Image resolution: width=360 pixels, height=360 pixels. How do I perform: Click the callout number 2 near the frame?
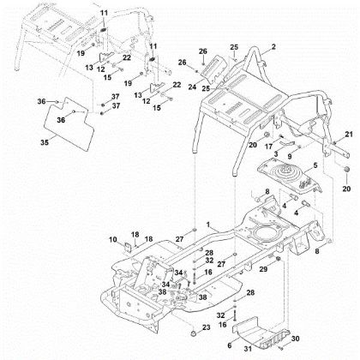pos(273,45)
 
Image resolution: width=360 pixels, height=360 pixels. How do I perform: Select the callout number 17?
pos(267,147)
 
